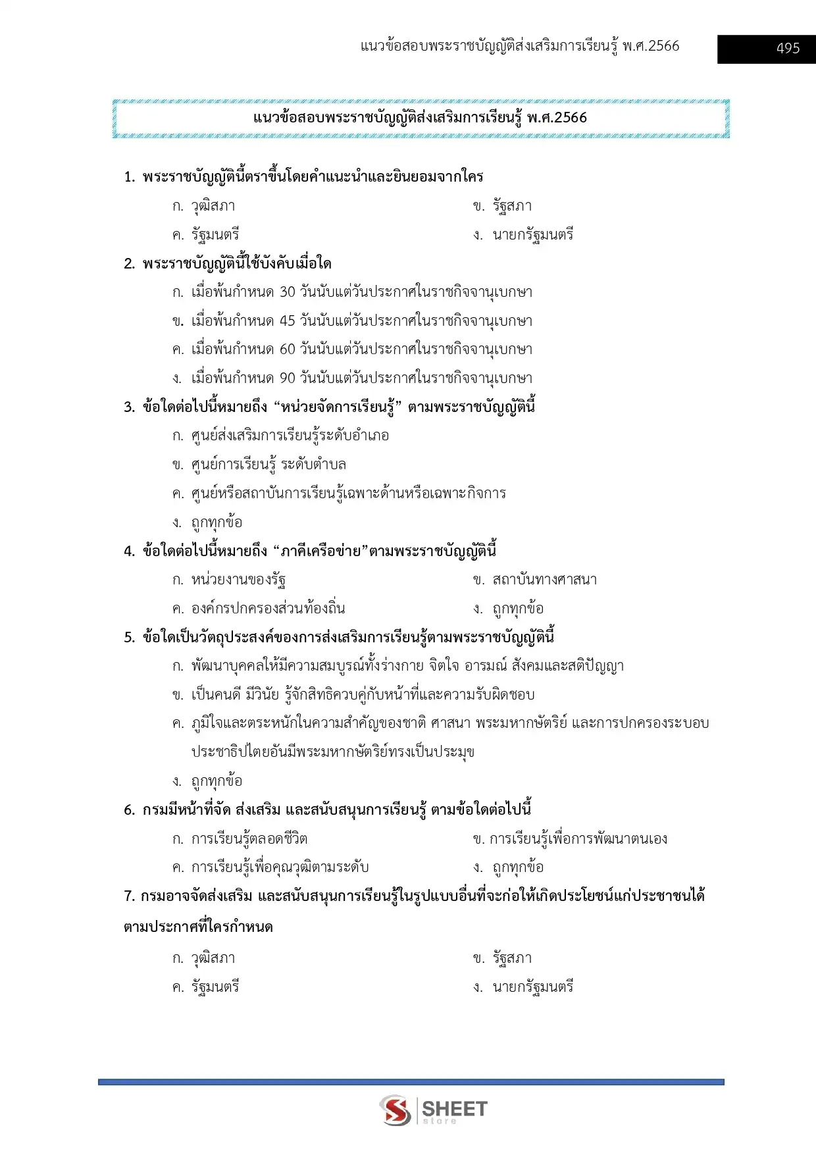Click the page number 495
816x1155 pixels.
pos(788,49)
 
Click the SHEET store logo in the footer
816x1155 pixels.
pos(434,1110)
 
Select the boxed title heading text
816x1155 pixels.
pos(420,118)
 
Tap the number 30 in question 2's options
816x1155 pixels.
pos(288,292)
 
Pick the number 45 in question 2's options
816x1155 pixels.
pos(288,321)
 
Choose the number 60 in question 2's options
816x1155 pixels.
pos(288,349)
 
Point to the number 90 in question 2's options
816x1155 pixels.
pos(288,378)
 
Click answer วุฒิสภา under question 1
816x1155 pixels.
pos(213,206)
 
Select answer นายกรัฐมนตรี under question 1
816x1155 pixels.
pos(533,235)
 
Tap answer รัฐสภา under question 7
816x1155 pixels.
pos(512,959)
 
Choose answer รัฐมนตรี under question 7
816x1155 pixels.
pos(215,987)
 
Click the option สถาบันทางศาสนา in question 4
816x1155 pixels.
pos(544,580)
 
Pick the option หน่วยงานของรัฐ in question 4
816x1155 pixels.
pos(238,580)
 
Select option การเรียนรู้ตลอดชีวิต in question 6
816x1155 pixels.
pos(249,839)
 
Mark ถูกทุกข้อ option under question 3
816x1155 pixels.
pos(217,523)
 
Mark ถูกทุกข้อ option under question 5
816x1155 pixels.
pos(217,781)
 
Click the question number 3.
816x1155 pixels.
pos(129,407)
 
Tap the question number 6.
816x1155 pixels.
pos(129,810)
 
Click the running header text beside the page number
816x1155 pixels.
pos(520,46)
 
